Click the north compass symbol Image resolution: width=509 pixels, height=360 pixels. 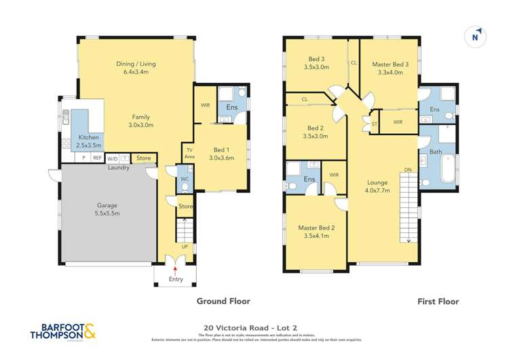477,37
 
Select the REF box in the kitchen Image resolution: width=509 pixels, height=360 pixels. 97,158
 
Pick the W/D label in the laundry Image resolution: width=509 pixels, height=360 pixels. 112,158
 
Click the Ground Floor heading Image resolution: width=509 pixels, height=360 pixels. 223,301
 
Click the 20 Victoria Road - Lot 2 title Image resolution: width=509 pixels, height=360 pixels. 254,325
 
